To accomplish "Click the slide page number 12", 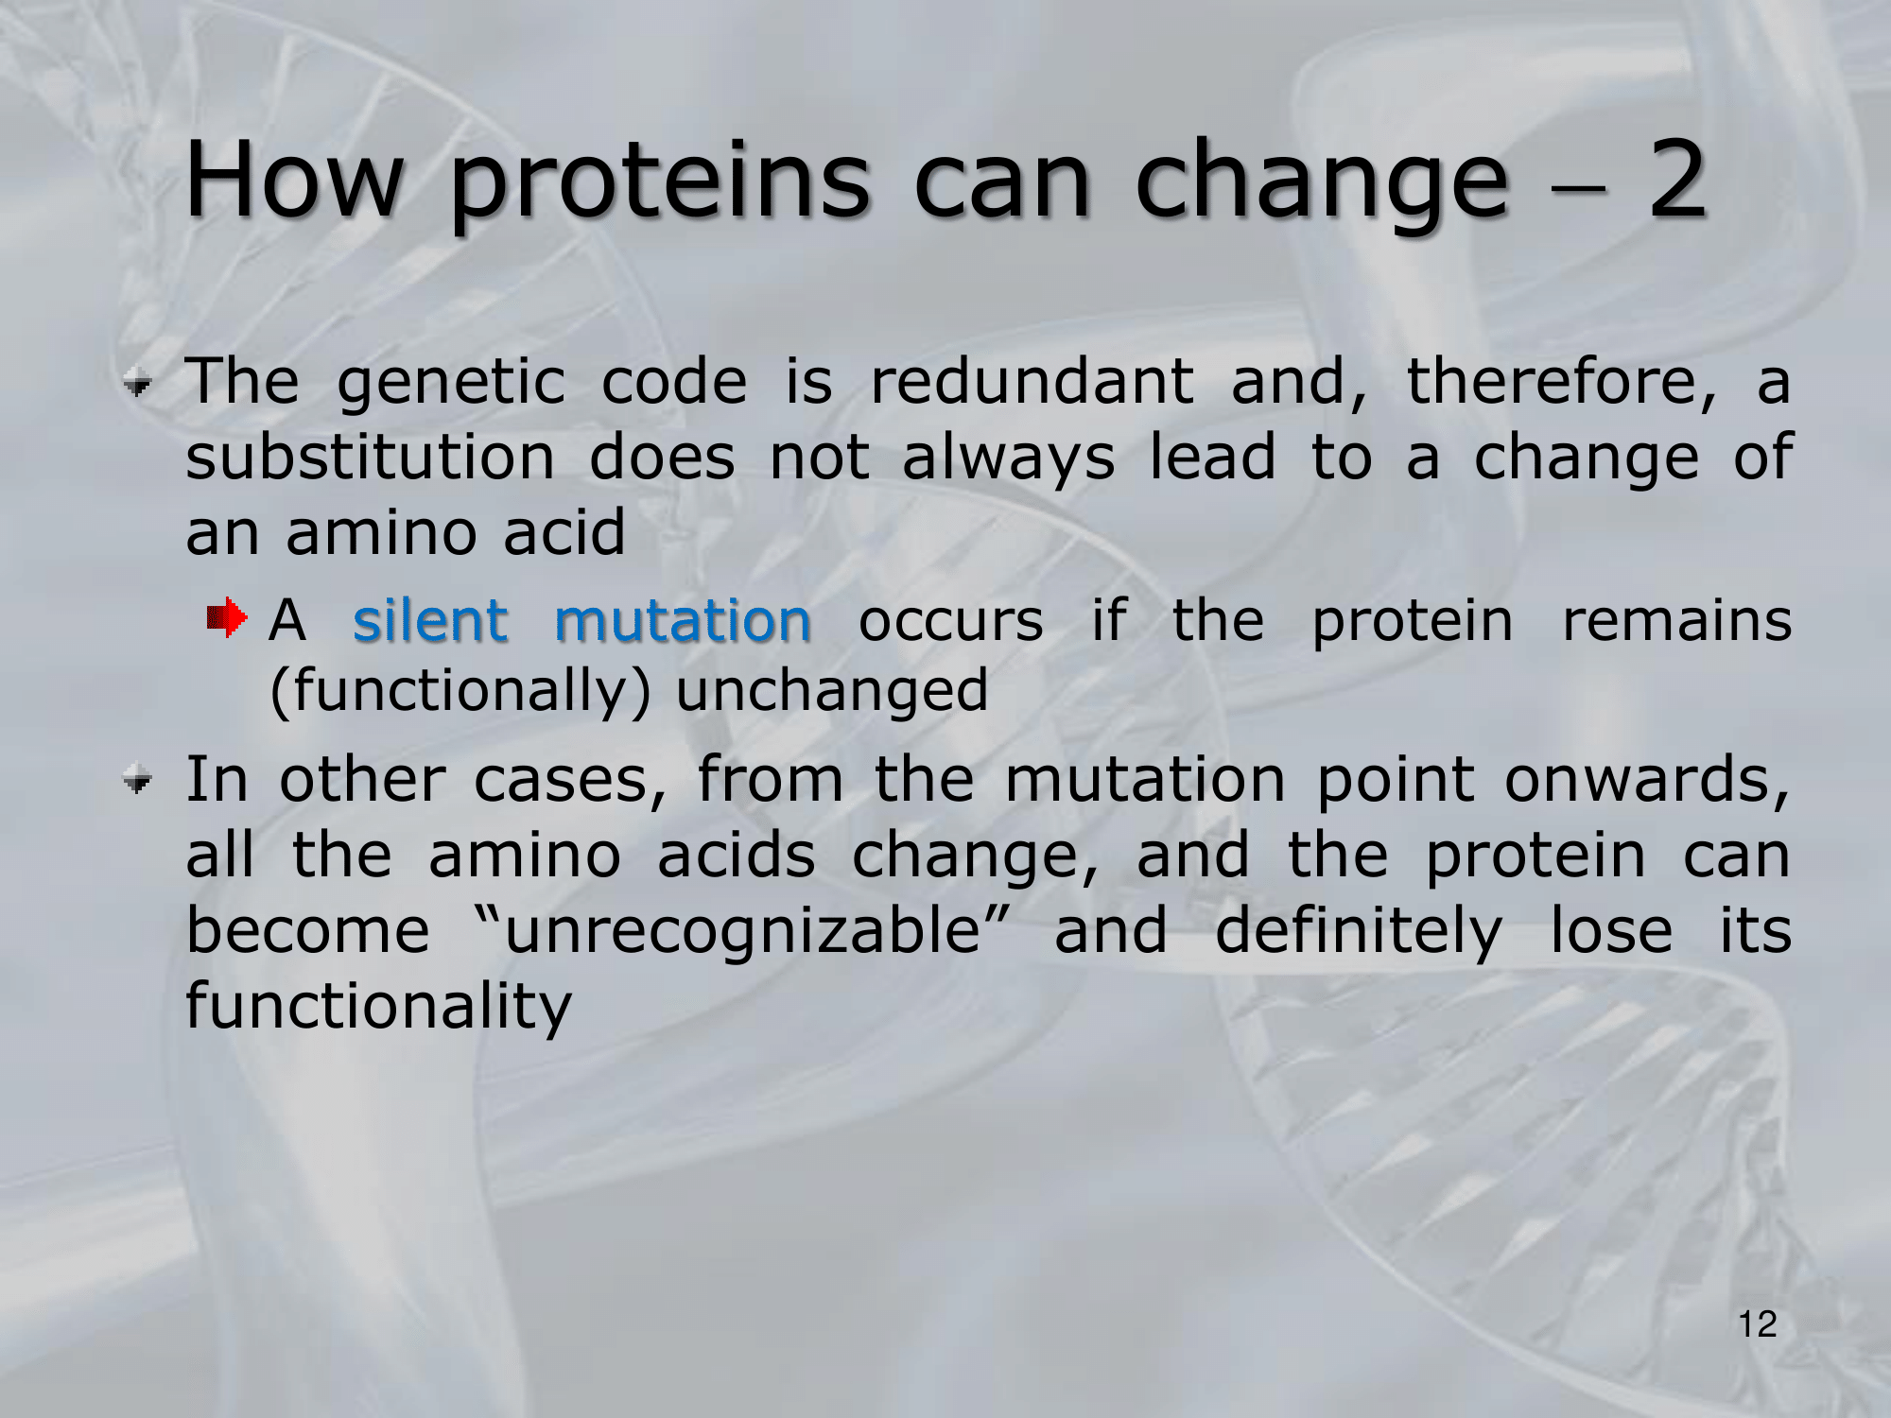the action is (x=1758, y=1323).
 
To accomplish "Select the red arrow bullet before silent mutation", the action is (x=227, y=618).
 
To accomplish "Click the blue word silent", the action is (x=430, y=620).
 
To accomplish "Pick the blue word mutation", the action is (x=682, y=620).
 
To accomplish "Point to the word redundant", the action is (x=1032, y=381).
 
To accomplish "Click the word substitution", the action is (x=370, y=458).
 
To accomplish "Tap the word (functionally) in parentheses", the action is (x=460, y=690).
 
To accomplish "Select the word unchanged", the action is (x=832, y=690).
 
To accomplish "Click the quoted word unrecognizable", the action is (x=742, y=930).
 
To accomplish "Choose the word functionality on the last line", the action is (x=378, y=1006).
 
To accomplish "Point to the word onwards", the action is (x=1647, y=780).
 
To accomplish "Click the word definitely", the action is (x=1358, y=931).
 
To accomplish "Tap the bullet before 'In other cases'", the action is (x=138, y=780).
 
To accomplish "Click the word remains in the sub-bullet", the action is (x=1676, y=621).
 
